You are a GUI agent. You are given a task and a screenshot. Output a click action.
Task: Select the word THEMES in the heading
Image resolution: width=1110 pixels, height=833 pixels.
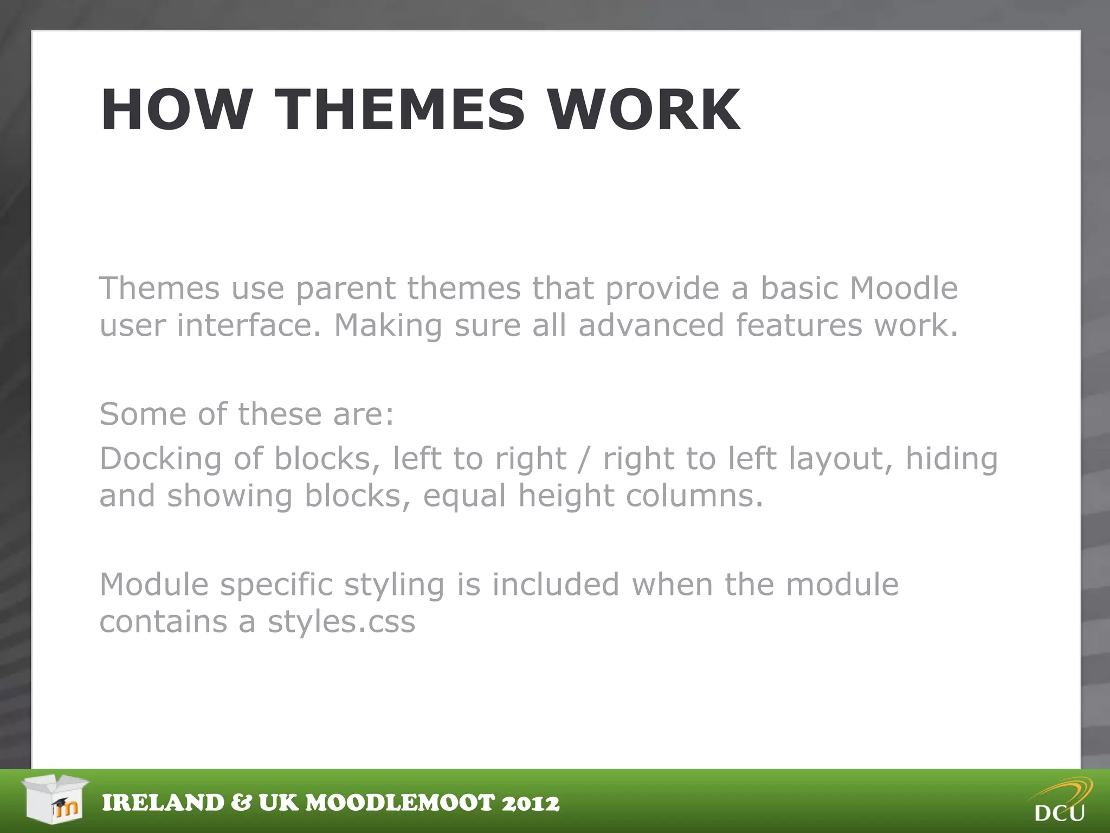[x=399, y=110]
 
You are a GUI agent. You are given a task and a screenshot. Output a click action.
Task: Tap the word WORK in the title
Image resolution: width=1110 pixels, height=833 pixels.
[x=644, y=110]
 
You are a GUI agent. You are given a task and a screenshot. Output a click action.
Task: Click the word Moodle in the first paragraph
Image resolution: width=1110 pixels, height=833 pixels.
[x=904, y=288]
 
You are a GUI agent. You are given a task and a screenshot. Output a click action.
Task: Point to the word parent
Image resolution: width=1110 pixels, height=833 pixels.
[x=345, y=289]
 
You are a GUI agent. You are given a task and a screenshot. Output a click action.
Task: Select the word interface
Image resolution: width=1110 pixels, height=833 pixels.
[x=249, y=325]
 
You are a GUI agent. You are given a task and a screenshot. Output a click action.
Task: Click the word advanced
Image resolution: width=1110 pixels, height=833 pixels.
[x=651, y=325]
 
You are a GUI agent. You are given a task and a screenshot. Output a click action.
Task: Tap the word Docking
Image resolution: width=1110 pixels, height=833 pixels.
[x=160, y=459]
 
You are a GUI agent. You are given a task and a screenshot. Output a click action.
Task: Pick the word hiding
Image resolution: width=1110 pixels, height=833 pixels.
[x=952, y=459]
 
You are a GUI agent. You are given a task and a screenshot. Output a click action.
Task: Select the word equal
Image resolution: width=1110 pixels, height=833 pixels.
[x=464, y=497]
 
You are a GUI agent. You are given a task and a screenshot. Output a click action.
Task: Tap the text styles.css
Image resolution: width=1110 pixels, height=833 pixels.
[x=341, y=621]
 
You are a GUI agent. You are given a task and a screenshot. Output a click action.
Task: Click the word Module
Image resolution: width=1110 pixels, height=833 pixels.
[x=154, y=585]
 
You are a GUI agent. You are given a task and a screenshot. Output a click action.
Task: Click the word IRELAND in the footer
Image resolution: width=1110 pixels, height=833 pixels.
[x=163, y=803]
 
